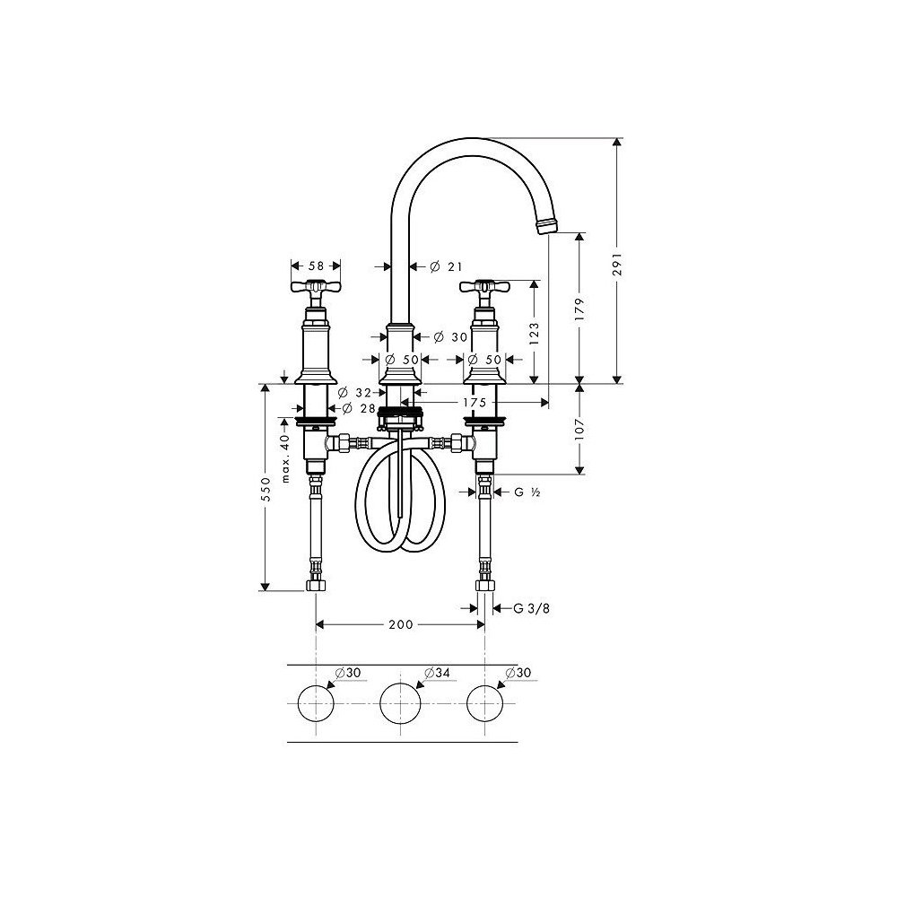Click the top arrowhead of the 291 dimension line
pos(617,142)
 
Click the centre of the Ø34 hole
pos(400,703)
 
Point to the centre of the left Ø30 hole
pos(316,703)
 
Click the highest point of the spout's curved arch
pos(472,138)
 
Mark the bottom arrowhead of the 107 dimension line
pos(579,470)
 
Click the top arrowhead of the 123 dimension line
pos(535,285)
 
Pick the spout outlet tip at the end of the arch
pos(545,225)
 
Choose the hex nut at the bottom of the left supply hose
pos(316,585)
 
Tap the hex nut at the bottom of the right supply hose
pos(485,585)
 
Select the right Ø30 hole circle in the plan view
pos(485,703)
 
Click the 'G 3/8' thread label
pos(531,608)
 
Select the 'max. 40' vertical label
pos(285,458)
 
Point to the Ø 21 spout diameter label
pos(446,266)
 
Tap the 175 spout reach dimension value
pos(475,403)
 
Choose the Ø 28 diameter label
pos(359,408)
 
